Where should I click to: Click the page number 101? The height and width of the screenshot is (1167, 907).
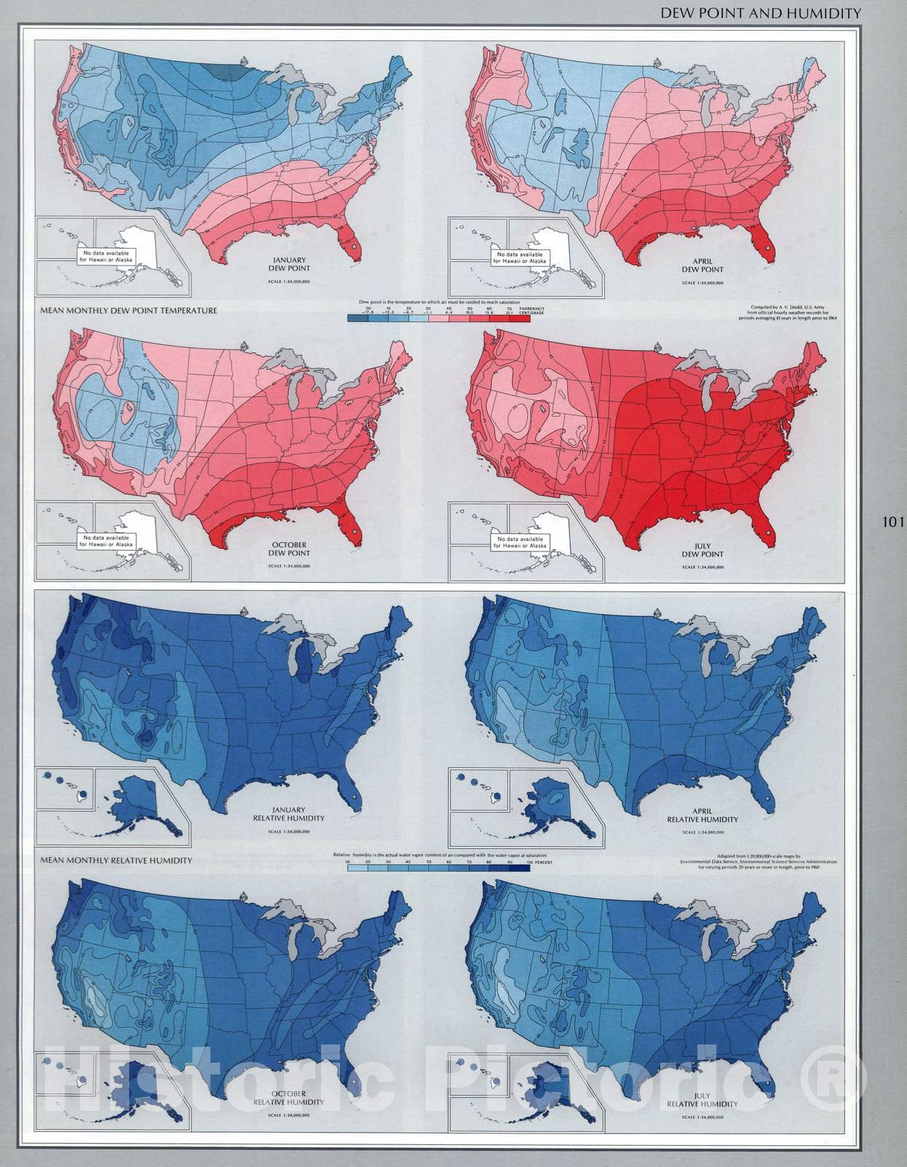coord(892,522)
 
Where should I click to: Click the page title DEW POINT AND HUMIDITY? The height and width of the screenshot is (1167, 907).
coord(760,13)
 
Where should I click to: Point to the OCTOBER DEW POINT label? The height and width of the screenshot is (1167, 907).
coord(290,548)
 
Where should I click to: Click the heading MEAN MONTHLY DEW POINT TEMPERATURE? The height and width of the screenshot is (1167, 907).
coord(129,311)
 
